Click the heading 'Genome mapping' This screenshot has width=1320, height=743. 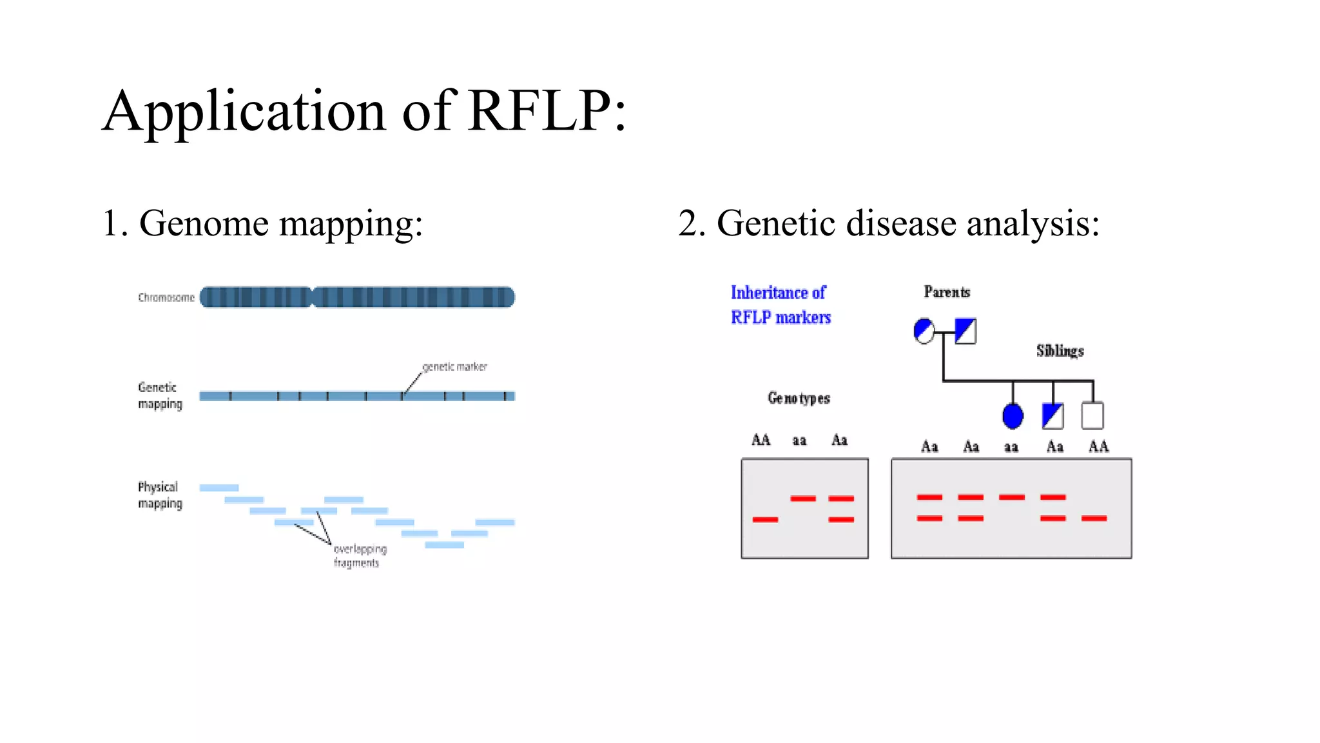[280, 224]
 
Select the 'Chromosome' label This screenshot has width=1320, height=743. [166, 297]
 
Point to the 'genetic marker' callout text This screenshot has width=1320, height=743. [454, 366]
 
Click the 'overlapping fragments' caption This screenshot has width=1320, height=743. [359, 556]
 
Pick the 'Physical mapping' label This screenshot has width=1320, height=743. [159, 495]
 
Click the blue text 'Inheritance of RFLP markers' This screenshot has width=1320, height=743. [780, 304]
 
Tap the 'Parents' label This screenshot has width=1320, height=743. [946, 292]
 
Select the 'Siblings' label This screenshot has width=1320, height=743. [1060, 351]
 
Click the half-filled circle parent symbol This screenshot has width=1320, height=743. [924, 332]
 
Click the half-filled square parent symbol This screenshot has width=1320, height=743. [965, 332]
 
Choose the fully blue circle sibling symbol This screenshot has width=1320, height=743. [1013, 416]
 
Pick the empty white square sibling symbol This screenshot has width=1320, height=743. [1092, 415]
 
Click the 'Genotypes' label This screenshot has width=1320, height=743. [799, 398]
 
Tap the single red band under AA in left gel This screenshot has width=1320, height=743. [765, 519]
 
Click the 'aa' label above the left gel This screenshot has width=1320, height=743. [799, 441]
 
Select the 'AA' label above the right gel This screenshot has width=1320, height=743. [1098, 446]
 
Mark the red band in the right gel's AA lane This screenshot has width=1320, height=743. [1094, 518]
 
